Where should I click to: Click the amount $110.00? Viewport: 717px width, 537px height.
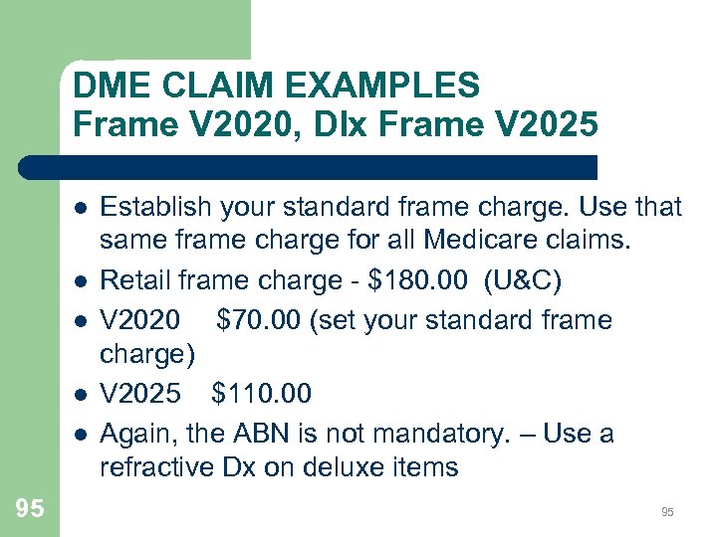pos(261,394)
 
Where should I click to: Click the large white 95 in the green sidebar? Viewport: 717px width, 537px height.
pos(30,509)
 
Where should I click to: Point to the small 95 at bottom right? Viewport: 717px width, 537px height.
pos(667,512)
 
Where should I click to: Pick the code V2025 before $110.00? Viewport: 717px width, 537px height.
pos(140,394)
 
